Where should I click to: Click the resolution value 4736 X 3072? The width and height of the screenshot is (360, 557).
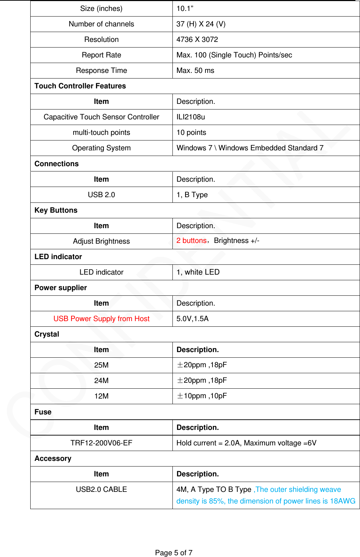coord(197,39)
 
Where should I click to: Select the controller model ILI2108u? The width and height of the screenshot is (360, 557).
coord(191,117)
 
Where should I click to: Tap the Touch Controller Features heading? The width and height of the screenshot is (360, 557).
coord(80,86)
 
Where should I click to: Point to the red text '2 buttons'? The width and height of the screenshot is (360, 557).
coord(191,240)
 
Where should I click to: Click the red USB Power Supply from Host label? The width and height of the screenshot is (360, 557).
coord(101,319)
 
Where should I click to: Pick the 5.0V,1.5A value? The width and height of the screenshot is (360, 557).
coord(192,319)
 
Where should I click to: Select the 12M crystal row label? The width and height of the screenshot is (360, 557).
coord(101,396)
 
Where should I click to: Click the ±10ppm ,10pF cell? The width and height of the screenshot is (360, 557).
coord(202,396)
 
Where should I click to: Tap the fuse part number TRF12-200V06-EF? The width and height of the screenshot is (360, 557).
coord(101,443)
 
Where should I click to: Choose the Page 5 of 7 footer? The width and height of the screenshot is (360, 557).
coord(173,553)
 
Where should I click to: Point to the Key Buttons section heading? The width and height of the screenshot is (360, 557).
coord(56,210)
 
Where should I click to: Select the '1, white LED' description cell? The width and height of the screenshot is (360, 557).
coord(198,272)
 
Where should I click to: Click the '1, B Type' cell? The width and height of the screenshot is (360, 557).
coord(192,195)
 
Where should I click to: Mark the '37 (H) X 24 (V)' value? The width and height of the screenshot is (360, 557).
coord(201,24)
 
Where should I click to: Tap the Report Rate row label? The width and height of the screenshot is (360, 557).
coord(101,55)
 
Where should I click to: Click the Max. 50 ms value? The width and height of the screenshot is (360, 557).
coord(195,70)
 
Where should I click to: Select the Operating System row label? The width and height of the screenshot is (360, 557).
coord(101,148)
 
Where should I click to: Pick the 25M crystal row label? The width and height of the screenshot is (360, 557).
coord(101,365)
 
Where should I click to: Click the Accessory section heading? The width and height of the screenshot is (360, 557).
coord(53,458)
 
